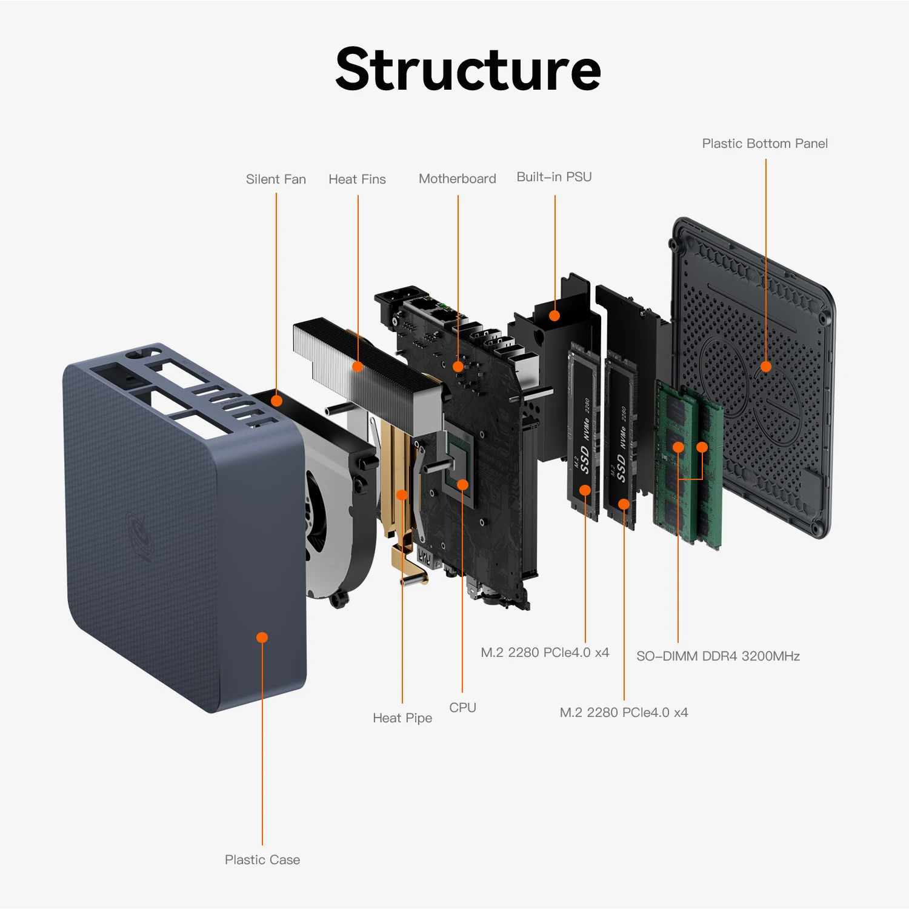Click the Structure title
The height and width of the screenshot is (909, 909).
pos(468,70)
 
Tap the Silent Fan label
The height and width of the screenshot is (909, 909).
pos(276,179)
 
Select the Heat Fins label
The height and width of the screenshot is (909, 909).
pos(357,179)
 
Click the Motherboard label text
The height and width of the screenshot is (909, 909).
pos(458,179)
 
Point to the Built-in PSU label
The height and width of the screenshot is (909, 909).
pos(554,177)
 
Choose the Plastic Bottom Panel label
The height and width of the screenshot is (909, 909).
pos(765,144)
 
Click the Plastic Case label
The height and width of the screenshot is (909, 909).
pos(262,860)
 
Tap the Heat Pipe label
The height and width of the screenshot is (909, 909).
pos(402,718)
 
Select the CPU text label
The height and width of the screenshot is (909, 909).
pos(462,708)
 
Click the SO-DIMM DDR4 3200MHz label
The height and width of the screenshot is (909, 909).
pos(718,656)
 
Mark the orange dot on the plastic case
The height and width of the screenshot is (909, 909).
pos(262,638)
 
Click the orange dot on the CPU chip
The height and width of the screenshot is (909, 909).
pos(462,485)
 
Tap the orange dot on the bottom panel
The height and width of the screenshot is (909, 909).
pos(766,367)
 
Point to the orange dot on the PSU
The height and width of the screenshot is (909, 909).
pos(554,316)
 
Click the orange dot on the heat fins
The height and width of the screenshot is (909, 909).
pos(358,367)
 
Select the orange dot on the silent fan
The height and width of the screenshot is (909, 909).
pos(276,401)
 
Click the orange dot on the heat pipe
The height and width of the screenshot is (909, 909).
pos(402,495)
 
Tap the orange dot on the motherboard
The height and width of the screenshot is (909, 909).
pos(458,367)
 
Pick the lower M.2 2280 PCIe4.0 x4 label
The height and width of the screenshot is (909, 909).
pos(624,713)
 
